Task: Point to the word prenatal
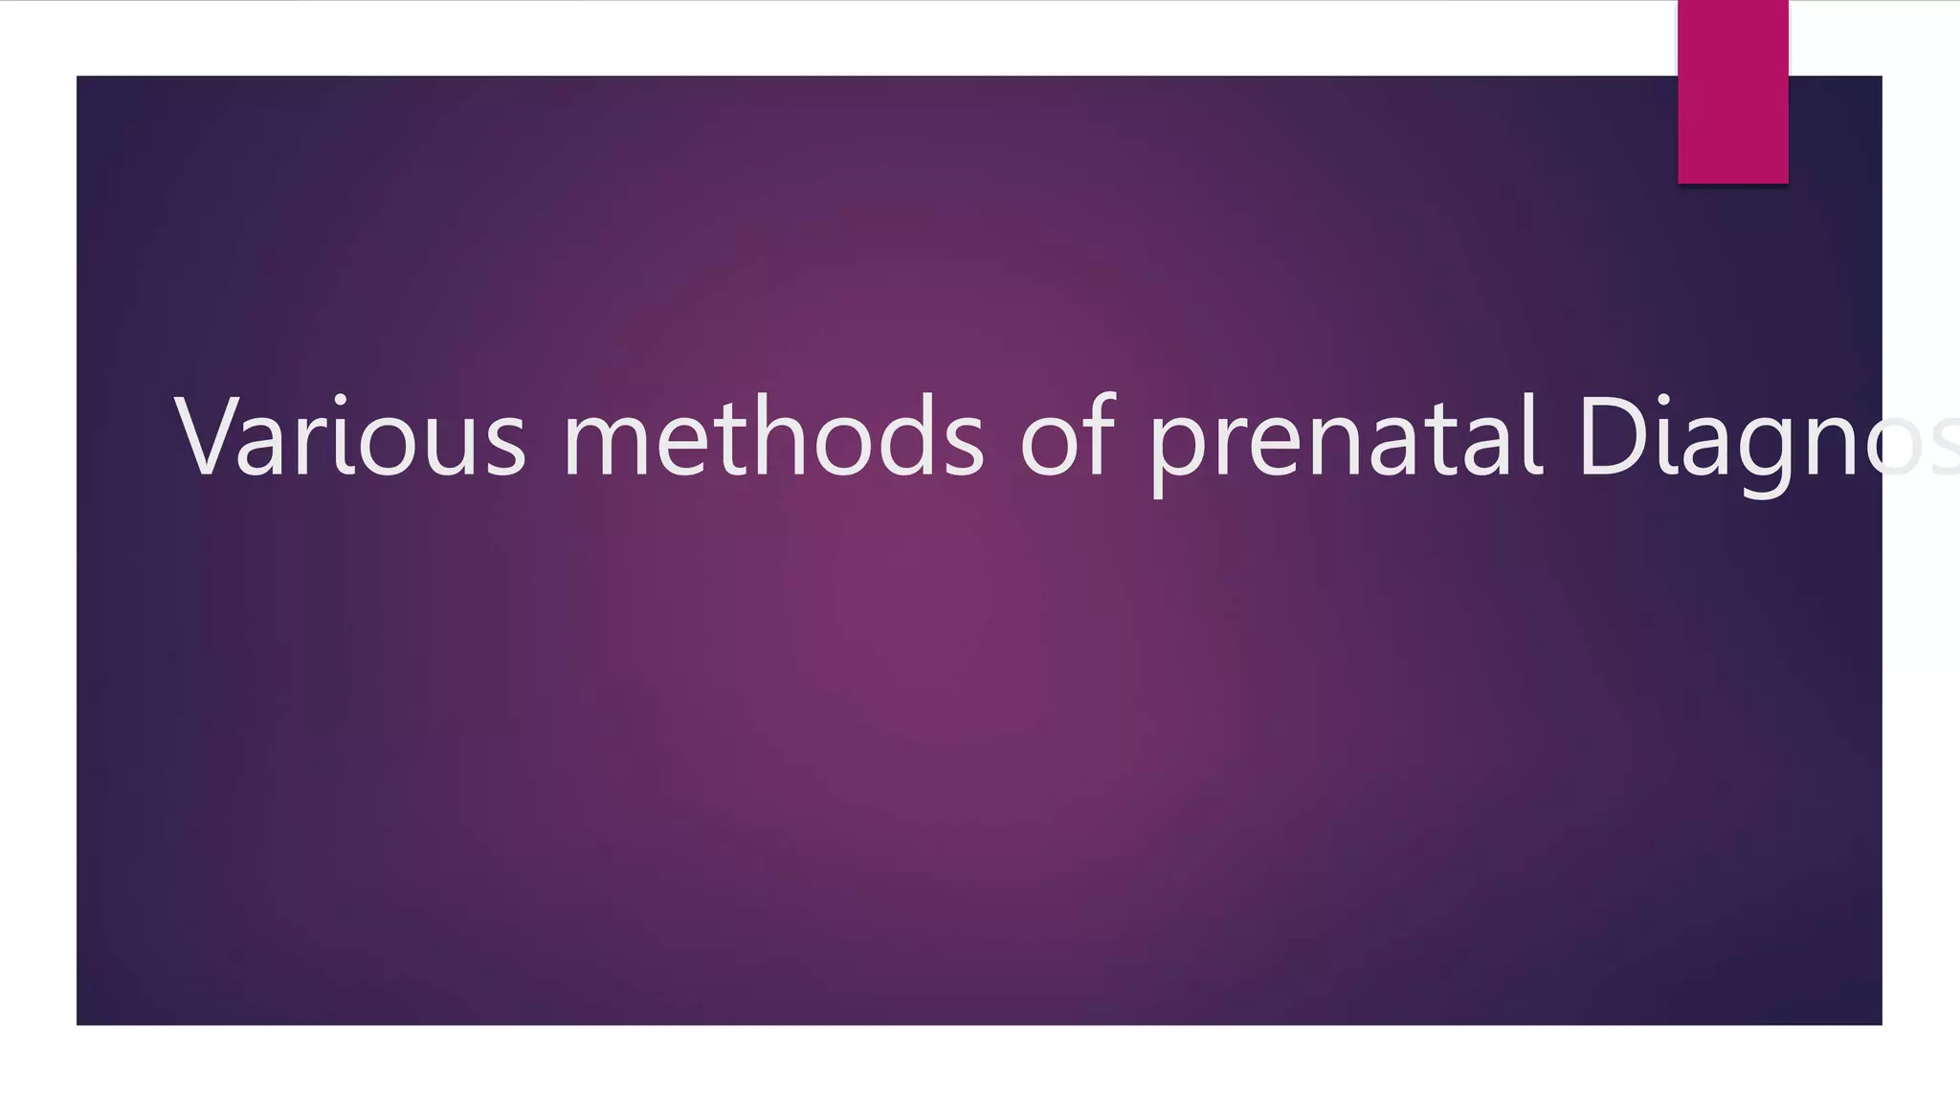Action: coord(1346,438)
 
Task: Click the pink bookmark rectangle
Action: coord(1732,92)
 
